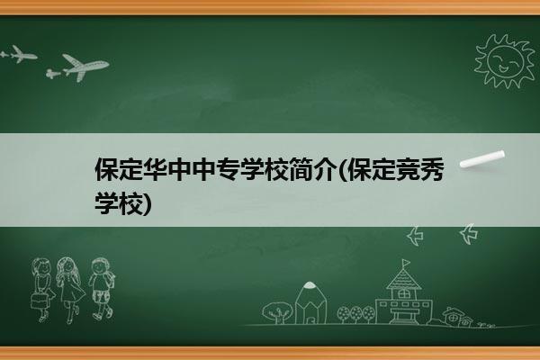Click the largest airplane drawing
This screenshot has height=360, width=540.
85,67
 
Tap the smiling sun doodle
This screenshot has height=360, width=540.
505,61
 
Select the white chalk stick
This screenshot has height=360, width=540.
482,159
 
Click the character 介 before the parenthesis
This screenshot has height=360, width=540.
325,169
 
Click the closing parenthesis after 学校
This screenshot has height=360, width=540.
148,203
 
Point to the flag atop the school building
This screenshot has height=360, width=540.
406,263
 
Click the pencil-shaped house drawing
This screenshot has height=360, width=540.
310,302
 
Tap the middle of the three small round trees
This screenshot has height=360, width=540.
356,314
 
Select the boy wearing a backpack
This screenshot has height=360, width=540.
101,288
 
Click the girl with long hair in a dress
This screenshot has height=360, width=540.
70,290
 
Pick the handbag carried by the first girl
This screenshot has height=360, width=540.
39,301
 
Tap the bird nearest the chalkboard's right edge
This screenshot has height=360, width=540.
469,234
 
